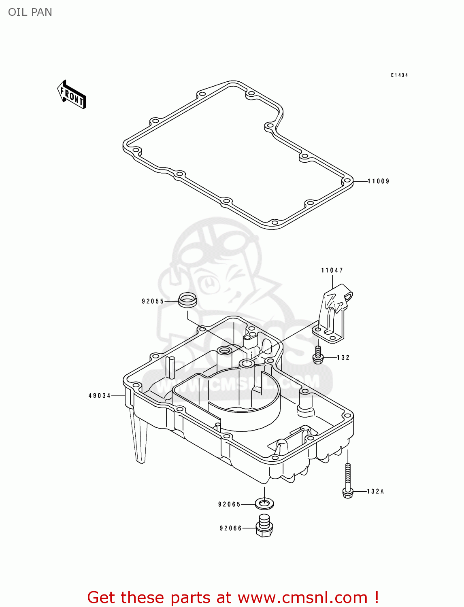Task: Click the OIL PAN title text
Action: [30, 12]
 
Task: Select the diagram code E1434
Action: [399, 75]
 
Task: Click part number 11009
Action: [379, 181]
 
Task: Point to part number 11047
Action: [332, 270]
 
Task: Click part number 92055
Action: [153, 301]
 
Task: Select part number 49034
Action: [100, 396]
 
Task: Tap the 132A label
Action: [375, 491]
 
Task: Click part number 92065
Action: [230, 504]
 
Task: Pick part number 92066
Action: [231, 528]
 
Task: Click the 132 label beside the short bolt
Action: [343, 357]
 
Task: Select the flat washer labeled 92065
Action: [264, 504]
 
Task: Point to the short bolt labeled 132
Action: [318, 355]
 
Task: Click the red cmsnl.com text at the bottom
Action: [233, 597]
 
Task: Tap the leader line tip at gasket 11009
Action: [354, 181]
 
